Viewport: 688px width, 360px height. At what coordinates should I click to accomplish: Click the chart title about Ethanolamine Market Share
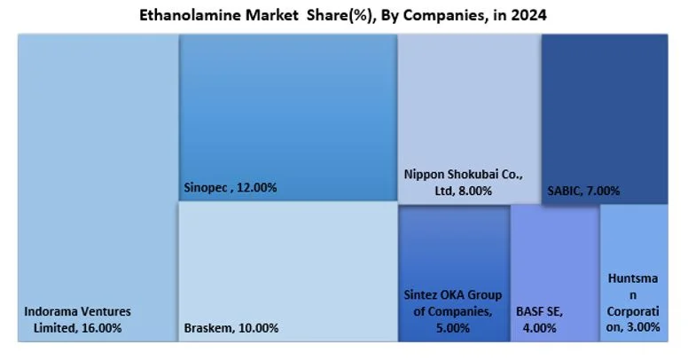(344, 15)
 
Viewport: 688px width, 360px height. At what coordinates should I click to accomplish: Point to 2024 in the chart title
(529, 15)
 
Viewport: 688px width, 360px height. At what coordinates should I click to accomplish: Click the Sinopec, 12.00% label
(231, 188)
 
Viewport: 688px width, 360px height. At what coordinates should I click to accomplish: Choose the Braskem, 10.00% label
(231, 328)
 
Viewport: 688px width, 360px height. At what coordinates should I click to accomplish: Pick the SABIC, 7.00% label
(584, 191)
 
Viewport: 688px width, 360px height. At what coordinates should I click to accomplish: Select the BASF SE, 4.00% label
(539, 319)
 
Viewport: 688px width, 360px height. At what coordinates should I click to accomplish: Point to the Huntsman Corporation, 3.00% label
(634, 302)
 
